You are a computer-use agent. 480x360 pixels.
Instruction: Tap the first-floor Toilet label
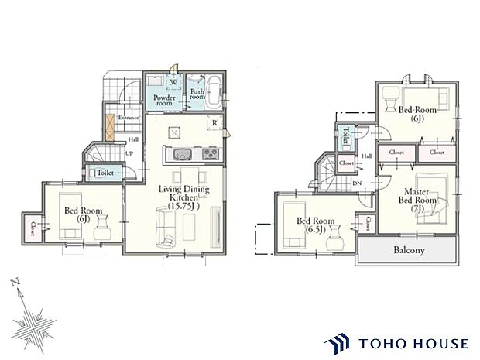tap(107, 173)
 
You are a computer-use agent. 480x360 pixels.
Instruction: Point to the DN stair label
tap(357, 183)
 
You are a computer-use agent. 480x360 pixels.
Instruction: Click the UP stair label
tap(129, 154)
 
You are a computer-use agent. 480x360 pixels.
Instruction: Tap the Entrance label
tap(128, 118)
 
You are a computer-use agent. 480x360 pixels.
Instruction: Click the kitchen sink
tap(176, 152)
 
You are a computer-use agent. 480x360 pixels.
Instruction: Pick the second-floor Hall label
tap(367, 156)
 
